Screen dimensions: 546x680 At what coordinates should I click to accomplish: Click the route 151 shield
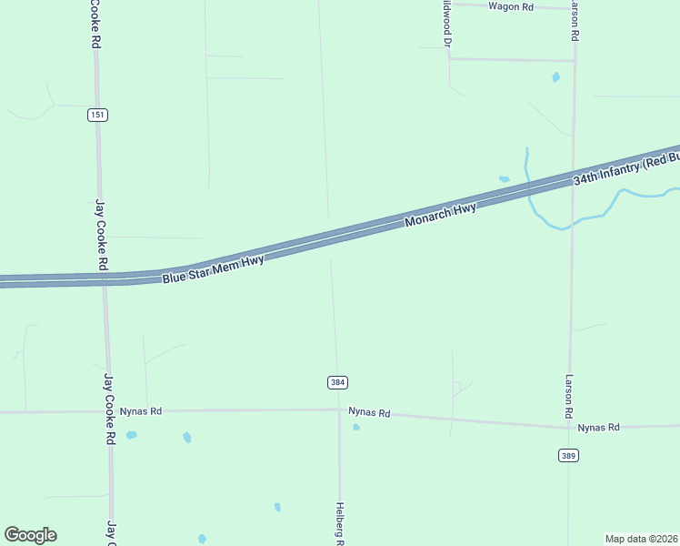pyautogui.click(x=97, y=115)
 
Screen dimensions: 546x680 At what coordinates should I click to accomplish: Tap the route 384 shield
pyautogui.click(x=337, y=383)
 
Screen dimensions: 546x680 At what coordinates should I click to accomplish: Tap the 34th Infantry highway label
pyautogui.click(x=626, y=168)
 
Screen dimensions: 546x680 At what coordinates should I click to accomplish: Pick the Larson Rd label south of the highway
pyautogui.click(x=569, y=397)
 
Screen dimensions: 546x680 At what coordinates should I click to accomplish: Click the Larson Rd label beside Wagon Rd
pyautogui.click(x=575, y=20)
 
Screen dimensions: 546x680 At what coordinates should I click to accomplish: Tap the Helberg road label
pyautogui.click(x=339, y=524)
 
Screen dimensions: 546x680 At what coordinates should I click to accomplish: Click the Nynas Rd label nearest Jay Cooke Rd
pyautogui.click(x=140, y=411)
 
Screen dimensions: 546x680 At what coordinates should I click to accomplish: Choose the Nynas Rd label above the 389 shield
pyautogui.click(x=598, y=427)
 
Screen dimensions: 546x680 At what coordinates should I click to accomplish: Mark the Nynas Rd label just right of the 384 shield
pyautogui.click(x=369, y=413)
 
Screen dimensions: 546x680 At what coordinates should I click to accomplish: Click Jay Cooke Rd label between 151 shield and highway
pyautogui.click(x=102, y=235)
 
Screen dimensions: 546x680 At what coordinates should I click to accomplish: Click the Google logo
pyautogui.click(x=30, y=535)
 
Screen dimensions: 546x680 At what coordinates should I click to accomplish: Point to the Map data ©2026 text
pyautogui.click(x=641, y=539)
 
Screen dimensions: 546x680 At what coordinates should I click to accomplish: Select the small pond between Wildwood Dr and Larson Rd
pyautogui.click(x=556, y=77)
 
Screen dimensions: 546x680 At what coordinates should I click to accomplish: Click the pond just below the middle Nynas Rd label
pyautogui.click(x=356, y=427)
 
